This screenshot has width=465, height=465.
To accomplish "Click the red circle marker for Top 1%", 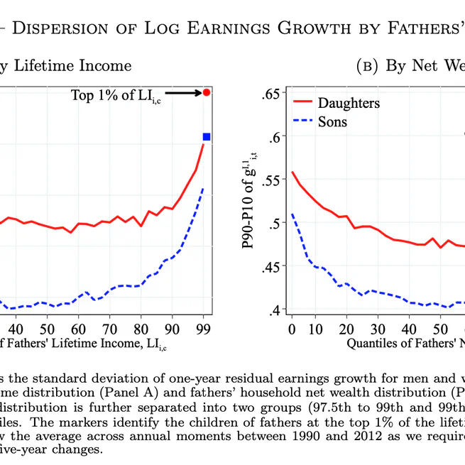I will coord(206,92).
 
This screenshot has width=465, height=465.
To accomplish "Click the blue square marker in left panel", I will coord(207,136).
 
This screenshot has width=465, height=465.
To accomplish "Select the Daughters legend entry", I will coord(348,103).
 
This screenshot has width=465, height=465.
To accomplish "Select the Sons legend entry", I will coord(332,121).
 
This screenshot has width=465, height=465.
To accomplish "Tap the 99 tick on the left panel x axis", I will coord(204,329).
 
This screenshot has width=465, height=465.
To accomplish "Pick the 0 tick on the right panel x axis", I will coord(291,329).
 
